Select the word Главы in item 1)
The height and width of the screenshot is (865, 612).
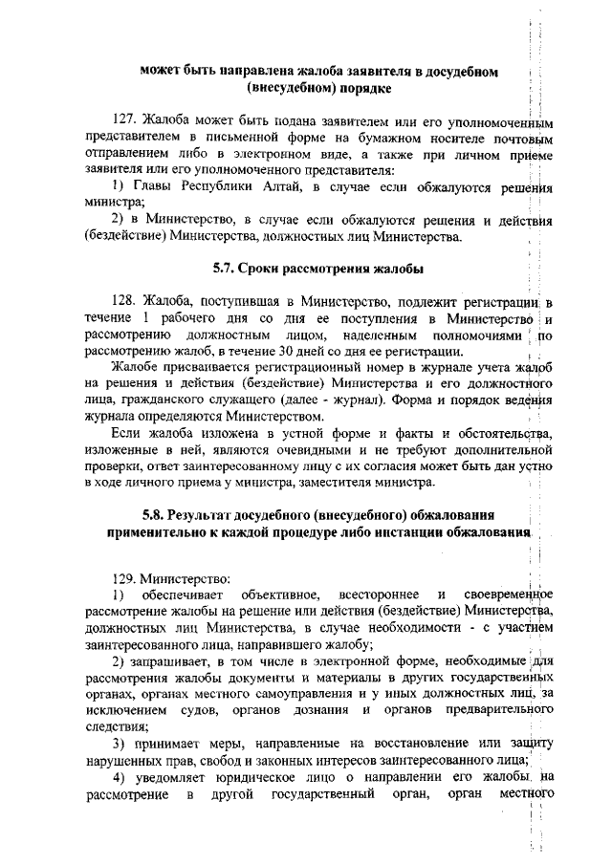[153, 184]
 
